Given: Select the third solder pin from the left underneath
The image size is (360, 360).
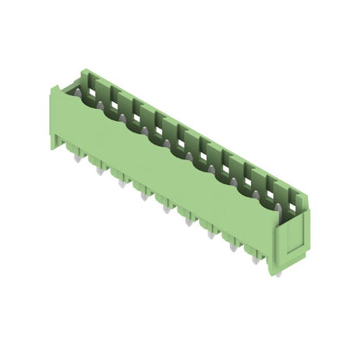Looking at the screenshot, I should pos(122,183).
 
